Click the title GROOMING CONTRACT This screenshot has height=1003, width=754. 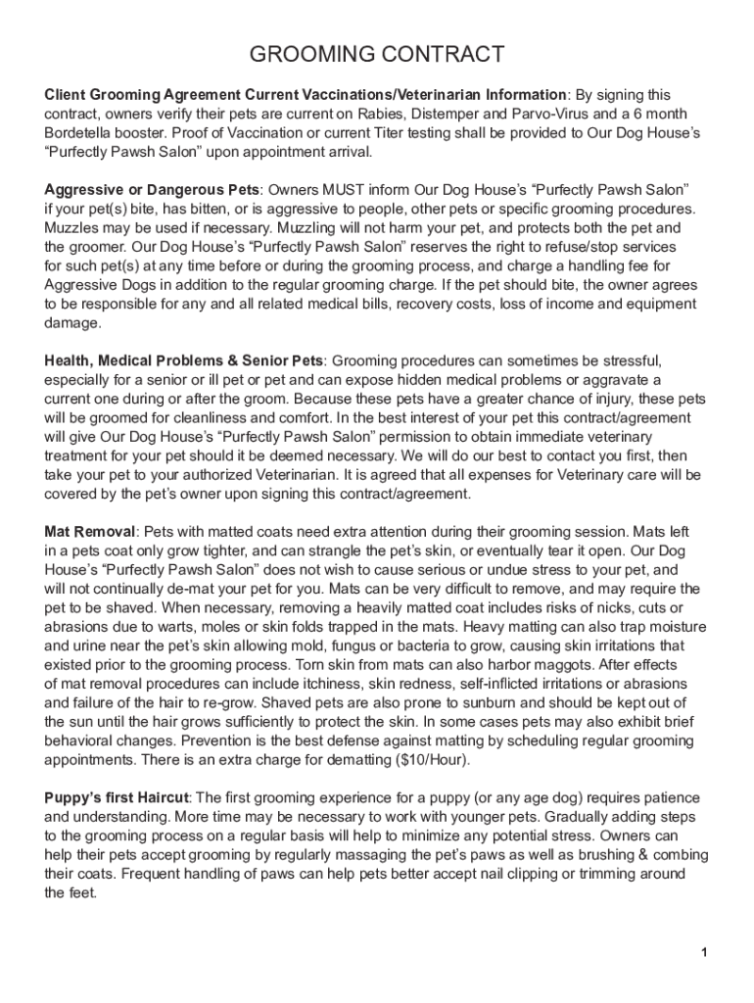(x=377, y=54)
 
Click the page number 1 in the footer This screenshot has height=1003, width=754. (x=704, y=953)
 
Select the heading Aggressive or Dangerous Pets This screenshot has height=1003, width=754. (x=152, y=188)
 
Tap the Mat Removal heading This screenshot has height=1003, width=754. (x=89, y=531)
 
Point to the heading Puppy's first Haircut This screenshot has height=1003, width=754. (x=117, y=798)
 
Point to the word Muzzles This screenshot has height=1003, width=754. (x=74, y=226)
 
